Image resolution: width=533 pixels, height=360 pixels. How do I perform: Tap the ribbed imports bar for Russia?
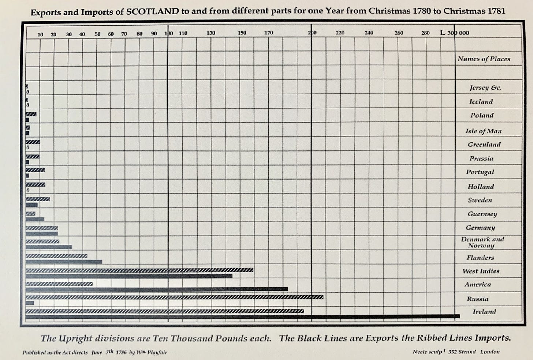[x=174, y=297]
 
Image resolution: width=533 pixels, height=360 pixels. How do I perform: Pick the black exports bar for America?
[x=157, y=289]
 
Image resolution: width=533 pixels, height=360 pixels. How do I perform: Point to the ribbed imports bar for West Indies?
[x=139, y=270]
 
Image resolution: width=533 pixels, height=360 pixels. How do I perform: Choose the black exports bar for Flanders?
[x=64, y=262]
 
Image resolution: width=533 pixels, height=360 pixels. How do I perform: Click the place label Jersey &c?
[x=485, y=88]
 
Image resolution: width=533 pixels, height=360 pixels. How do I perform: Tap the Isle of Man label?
[x=483, y=131]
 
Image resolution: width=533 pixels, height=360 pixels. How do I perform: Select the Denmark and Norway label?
[x=482, y=242]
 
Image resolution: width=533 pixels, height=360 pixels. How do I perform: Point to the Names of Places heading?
[x=484, y=59]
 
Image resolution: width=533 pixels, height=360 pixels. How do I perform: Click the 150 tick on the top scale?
[x=242, y=33]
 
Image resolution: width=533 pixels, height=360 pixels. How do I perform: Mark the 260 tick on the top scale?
[x=399, y=33]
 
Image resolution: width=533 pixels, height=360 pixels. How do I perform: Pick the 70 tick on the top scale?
[x=124, y=34]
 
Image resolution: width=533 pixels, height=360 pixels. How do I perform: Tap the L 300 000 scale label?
[x=455, y=33]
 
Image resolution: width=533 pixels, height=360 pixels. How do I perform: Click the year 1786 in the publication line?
[x=121, y=352]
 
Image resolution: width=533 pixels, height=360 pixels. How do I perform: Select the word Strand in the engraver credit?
[x=467, y=352]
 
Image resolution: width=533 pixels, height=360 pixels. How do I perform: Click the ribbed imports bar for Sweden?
[x=38, y=199]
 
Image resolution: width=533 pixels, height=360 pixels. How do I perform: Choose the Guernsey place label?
[x=482, y=214]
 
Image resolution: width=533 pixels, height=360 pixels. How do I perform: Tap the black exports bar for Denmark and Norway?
[x=49, y=247]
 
